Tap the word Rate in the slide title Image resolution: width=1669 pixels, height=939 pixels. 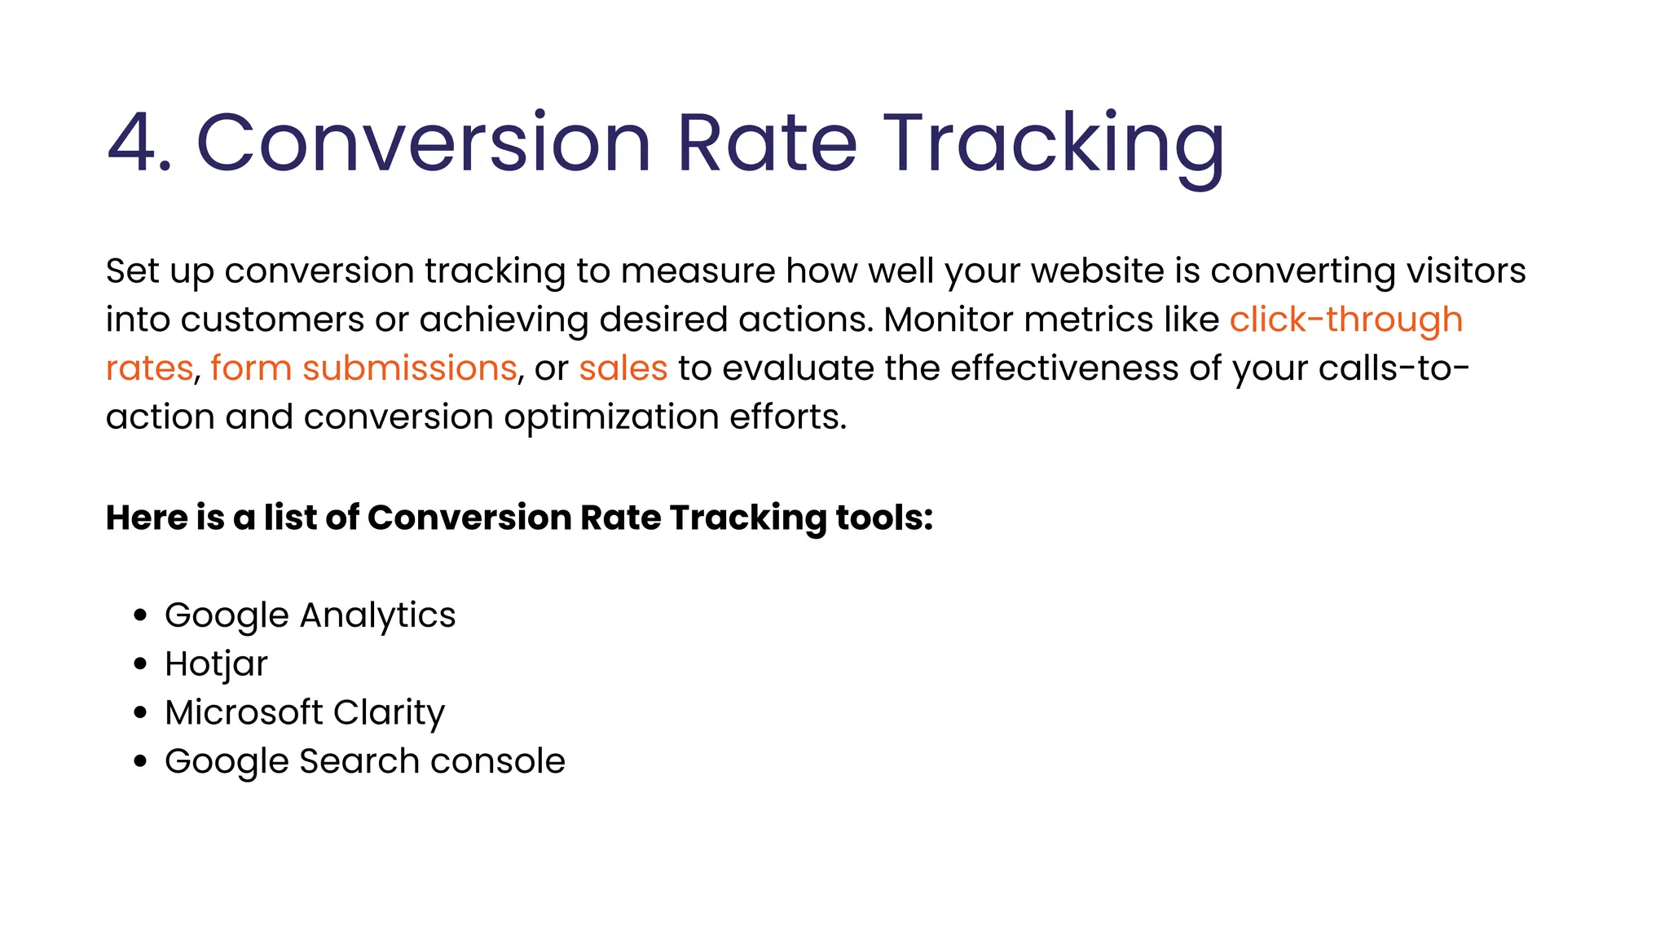click(x=767, y=143)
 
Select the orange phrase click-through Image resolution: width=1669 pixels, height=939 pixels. click(x=1345, y=320)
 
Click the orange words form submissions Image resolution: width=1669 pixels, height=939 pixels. click(x=363, y=368)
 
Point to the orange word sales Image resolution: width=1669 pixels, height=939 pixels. click(x=623, y=368)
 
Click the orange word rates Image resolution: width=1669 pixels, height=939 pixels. click(x=149, y=368)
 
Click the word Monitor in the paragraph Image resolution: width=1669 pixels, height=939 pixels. click(x=949, y=320)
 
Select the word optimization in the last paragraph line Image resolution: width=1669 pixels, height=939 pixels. click(x=610, y=417)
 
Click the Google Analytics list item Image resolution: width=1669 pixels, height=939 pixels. click(x=310, y=615)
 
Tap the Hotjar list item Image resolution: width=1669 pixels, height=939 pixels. click(x=216, y=664)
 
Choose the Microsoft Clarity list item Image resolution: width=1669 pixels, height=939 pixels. click(x=305, y=712)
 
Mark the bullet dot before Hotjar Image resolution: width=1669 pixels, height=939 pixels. click(x=140, y=664)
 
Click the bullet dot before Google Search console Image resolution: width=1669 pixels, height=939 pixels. click(x=140, y=761)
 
